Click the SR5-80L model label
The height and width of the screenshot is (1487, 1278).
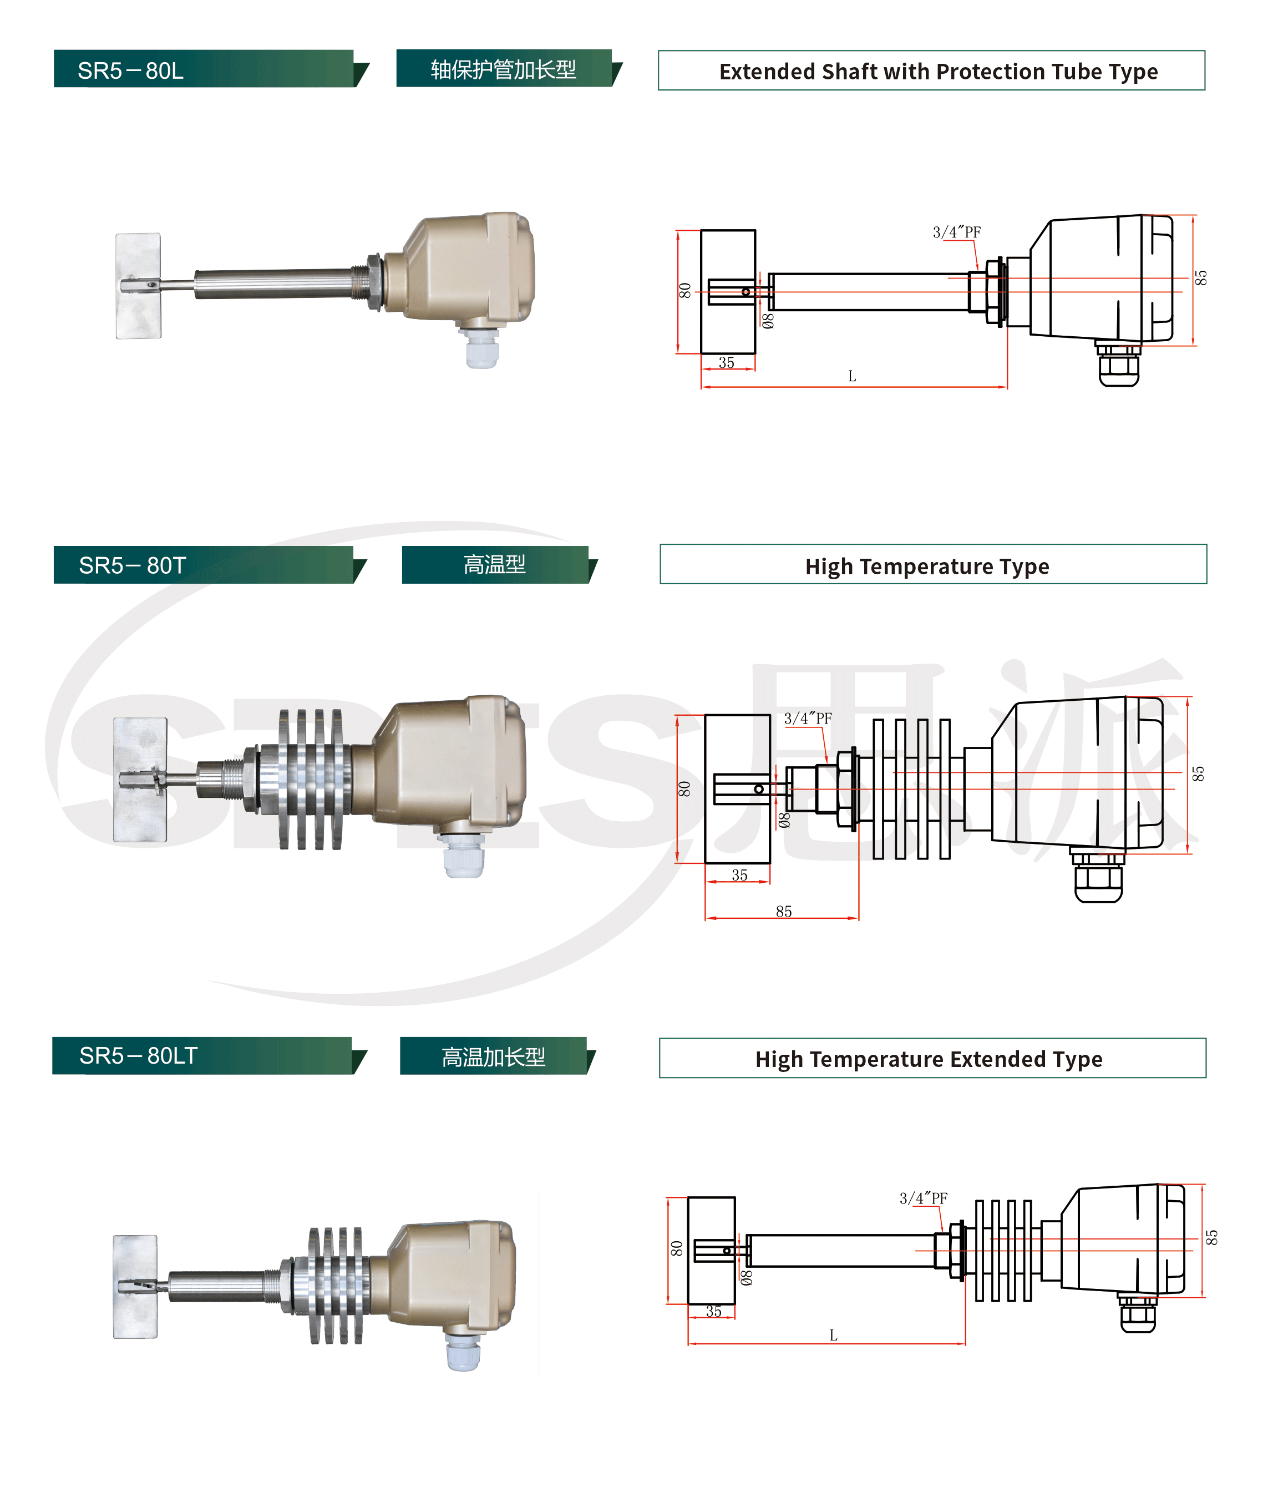click(130, 70)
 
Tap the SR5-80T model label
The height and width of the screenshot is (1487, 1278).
click(132, 565)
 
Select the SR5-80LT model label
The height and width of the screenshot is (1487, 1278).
click(138, 1056)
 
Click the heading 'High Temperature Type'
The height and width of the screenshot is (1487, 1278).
click(926, 567)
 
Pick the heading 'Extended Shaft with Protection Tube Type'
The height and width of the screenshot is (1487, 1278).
click(938, 71)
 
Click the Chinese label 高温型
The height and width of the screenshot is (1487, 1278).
click(494, 565)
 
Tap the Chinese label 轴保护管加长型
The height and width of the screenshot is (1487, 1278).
click(503, 69)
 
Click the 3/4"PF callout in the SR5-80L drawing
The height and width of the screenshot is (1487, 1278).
click(956, 232)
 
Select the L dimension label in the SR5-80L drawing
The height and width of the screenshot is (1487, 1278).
click(852, 376)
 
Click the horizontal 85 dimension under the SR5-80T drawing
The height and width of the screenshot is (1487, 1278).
click(784, 912)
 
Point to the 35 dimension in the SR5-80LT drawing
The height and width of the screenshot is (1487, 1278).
click(713, 1311)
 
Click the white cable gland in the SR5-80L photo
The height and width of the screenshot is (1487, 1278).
click(481, 349)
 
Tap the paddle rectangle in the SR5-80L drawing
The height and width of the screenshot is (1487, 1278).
click(728, 291)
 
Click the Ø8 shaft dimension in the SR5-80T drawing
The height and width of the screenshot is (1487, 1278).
click(784, 820)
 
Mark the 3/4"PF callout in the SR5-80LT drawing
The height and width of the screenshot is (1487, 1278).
click(923, 1198)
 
